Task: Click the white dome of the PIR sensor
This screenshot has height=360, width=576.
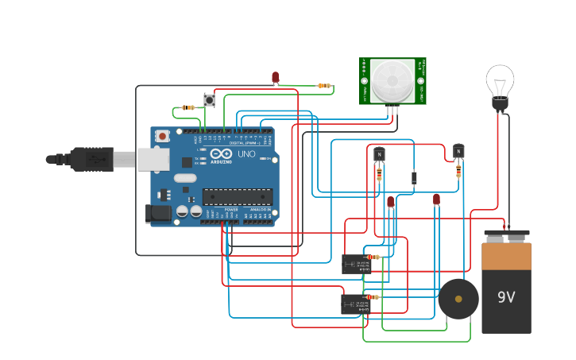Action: [x=392, y=79]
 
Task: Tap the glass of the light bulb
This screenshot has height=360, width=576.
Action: [x=500, y=81]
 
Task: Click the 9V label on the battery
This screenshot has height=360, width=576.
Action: [x=506, y=297]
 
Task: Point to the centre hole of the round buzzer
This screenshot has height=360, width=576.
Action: [x=458, y=299]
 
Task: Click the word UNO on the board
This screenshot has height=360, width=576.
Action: [x=246, y=153]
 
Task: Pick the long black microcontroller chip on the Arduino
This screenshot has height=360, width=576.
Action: [x=238, y=196]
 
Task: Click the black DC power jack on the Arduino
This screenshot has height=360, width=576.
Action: [x=158, y=212]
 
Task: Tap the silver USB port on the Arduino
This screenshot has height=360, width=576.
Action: [x=152, y=159]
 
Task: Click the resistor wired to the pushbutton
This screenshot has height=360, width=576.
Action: [x=188, y=107]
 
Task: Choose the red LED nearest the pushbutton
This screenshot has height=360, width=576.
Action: [x=276, y=78]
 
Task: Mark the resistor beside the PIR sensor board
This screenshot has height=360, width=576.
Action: [x=324, y=86]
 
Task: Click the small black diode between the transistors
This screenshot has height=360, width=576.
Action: [x=414, y=178]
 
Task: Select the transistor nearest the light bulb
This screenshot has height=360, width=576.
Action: [x=458, y=151]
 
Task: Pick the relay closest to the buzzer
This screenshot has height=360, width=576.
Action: [x=355, y=304]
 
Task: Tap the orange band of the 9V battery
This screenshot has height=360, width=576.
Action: [x=506, y=257]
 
